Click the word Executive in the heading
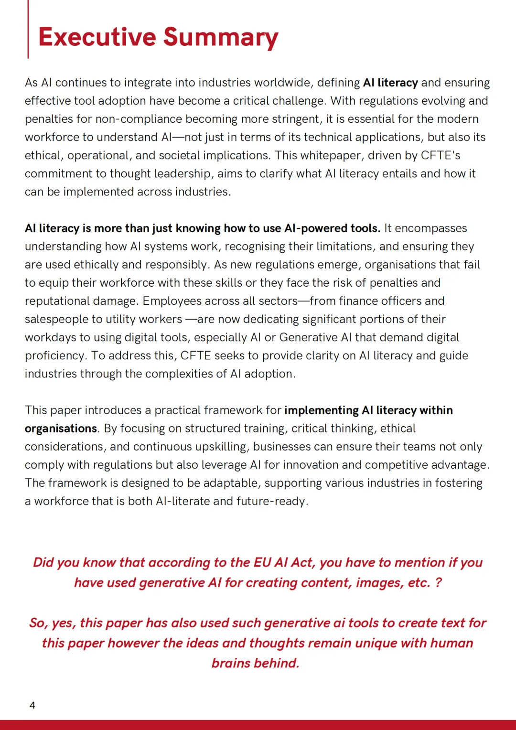point(97,37)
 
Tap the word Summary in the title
point(221,38)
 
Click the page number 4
point(32,705)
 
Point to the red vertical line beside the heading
point(28,29)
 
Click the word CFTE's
point(441,155)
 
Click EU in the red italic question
point(262,562)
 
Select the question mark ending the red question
point(438,583)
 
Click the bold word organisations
point(61,429)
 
